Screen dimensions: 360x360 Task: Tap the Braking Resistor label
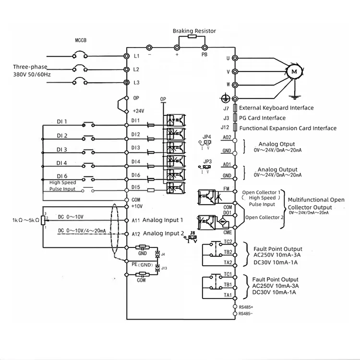(194, 31)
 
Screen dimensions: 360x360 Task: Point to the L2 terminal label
(136, 70)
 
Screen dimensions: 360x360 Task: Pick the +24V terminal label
(139, 111)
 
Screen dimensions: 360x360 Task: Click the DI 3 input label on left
(62, 149)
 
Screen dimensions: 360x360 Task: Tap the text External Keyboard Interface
(276, 108)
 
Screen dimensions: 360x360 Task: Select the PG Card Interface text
(262, 118)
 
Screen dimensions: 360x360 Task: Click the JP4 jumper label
(207, 137)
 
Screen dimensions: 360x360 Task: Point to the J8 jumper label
(192, 233)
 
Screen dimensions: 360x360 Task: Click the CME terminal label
(228, 232)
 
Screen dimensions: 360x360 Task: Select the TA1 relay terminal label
(228, 295)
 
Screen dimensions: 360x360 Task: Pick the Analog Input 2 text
(164, 234)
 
